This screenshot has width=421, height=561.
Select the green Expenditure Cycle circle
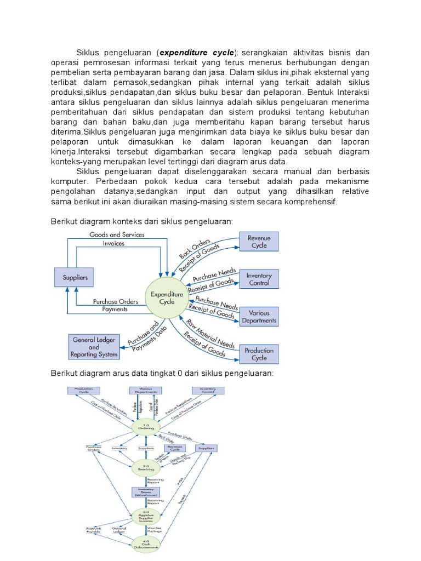167,299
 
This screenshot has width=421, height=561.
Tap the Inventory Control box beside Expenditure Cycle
259,279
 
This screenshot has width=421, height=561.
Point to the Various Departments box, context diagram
259,317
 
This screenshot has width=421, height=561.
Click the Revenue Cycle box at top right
259,242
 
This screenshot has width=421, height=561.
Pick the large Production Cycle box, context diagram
259,354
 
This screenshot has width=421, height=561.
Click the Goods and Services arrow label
117,234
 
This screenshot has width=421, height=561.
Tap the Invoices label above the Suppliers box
113,244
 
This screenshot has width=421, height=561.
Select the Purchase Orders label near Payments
115,301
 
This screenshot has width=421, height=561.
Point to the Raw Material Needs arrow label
211,333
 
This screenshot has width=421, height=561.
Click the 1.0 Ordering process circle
146,427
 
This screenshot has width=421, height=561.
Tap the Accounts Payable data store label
93,530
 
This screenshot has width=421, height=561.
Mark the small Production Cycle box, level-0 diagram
82,390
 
